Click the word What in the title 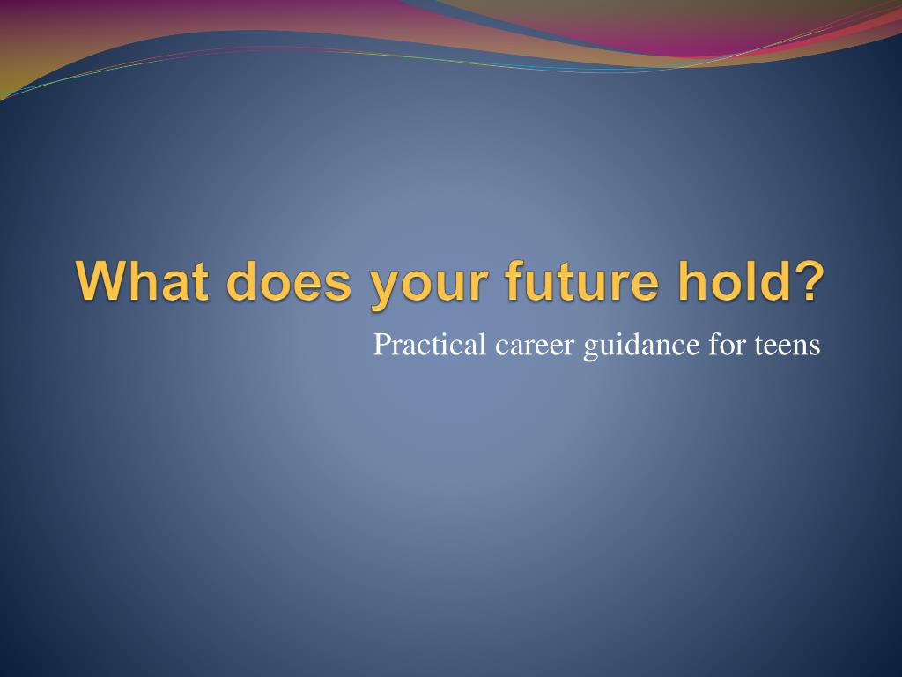pos(142,281)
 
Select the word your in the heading pos(429,286)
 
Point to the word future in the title pos(581,281)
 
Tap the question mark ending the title pos(807,281)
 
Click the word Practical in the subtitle pos(430,345)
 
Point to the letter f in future pos(515,280)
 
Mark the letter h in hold pos(692,281)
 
